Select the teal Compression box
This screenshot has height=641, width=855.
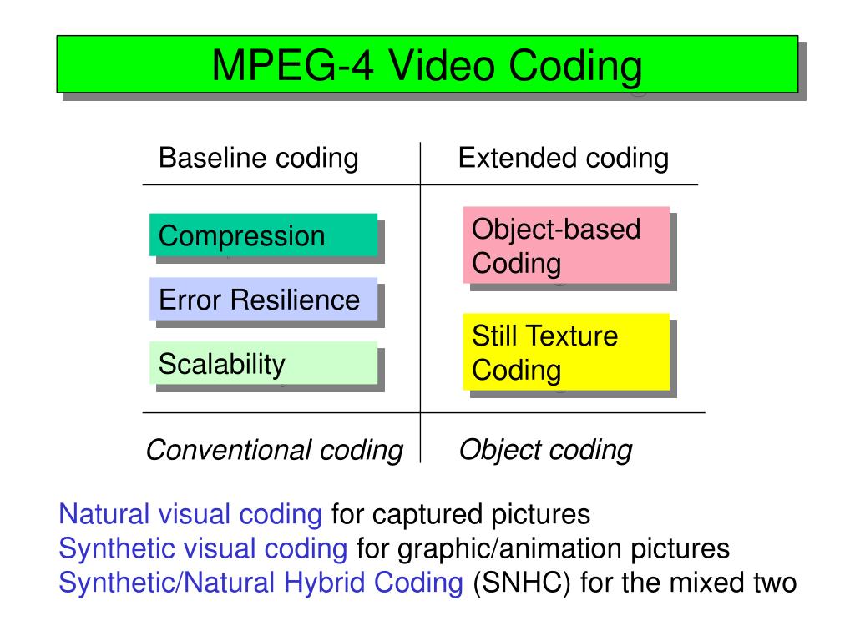263,235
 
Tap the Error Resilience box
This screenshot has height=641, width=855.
263,299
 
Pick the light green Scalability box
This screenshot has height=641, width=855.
263,363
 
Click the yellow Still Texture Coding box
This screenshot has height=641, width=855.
566,351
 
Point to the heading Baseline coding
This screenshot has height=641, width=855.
258,158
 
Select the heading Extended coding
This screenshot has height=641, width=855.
563,158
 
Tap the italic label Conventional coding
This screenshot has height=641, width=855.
274,450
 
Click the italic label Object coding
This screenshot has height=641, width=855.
545,450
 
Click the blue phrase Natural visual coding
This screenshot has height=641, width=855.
190,514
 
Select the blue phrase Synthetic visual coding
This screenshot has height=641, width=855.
203,548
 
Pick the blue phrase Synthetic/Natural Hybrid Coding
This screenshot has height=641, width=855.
261,583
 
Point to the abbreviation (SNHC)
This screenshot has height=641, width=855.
522,583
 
